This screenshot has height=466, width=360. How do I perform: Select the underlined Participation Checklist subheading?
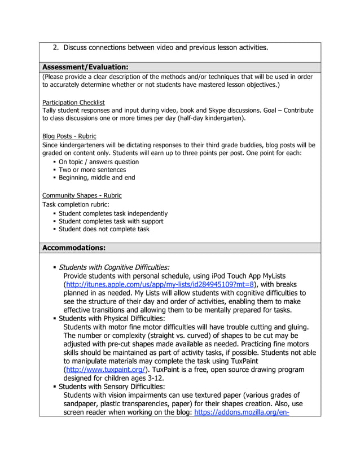pos(73,102)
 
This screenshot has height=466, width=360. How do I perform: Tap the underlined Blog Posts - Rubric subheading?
pos(69,136)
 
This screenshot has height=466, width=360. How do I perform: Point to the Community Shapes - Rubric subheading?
pos(82,195)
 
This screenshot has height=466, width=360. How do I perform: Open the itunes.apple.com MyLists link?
pos(160,285)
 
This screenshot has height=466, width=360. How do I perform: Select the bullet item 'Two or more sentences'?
pos(93,170)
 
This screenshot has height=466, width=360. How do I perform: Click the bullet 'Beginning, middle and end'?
pos(97,178)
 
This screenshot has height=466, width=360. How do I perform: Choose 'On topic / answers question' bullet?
pos(99,162)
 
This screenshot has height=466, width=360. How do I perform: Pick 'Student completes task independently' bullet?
pos(113,214)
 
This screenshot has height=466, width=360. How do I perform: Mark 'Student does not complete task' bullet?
pos(104,230)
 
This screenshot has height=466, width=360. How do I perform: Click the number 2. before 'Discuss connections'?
pos(56,47)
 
